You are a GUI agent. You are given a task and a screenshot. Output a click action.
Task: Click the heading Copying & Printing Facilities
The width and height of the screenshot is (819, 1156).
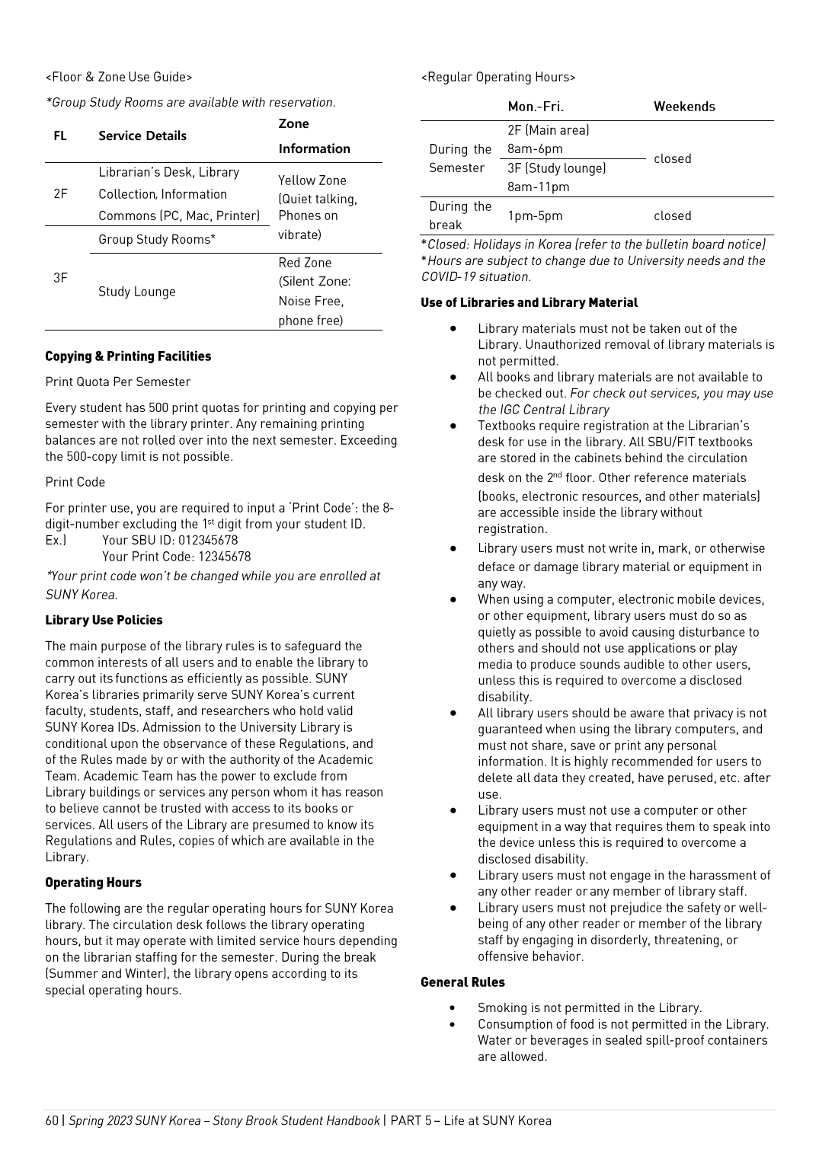(x=128, y=356)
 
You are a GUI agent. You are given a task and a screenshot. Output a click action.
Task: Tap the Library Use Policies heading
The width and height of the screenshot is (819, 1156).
(x=104, y=620)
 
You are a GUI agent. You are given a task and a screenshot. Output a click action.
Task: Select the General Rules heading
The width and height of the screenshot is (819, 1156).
(x=462, y=982)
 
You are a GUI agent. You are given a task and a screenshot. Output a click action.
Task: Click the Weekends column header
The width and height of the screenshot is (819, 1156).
(x=684, y=107)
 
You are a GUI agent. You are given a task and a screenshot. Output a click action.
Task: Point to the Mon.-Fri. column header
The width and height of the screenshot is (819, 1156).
(x=536, y=107)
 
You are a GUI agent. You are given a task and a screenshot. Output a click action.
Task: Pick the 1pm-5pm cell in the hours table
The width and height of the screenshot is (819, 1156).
(x=535, y=216)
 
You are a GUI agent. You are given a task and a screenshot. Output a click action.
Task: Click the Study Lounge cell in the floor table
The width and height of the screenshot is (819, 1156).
(x=137, y=292)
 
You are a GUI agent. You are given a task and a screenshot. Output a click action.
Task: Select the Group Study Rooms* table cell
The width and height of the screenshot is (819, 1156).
(x=157, y=239)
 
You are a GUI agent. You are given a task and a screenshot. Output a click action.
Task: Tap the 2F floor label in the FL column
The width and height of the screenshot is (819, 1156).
(x=60, y=193)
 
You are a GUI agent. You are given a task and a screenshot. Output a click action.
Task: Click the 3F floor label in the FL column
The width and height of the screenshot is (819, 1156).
(x=60, y=277)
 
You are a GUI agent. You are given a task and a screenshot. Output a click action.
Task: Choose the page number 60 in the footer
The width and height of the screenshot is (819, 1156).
(x=52, y=1120)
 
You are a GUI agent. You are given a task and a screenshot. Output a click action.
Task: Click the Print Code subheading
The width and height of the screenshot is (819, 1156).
(x=75, y=482)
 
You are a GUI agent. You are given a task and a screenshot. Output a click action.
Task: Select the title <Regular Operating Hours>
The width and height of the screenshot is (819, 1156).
(x=498, y=77)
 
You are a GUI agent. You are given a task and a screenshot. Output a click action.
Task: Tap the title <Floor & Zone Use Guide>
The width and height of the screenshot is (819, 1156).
(x=119, y=77)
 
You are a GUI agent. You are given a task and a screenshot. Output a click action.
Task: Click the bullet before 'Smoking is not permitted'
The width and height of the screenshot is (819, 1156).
(x=453, y=1008)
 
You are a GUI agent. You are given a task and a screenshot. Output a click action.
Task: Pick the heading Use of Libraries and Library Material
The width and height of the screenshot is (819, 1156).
(x=529, y=302)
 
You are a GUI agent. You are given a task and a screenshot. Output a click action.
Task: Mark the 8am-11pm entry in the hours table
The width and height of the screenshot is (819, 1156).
(x=538, y=187)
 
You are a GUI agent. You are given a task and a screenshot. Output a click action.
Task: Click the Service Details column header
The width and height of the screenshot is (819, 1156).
(x=142, y=136)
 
